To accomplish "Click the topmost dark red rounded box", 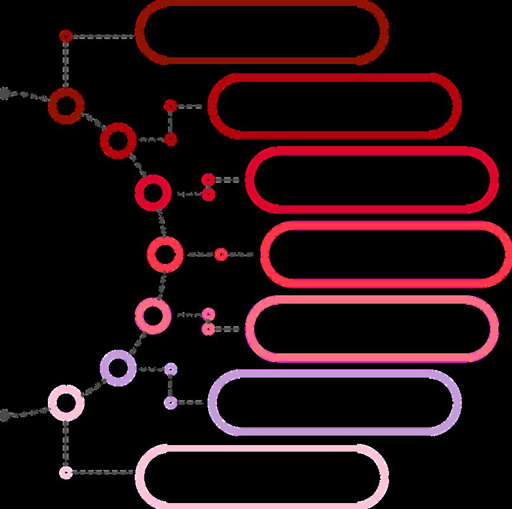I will [x=262, y=32].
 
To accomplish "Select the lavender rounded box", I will [x=335, y=402].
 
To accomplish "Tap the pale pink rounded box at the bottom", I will [x=262, y=476].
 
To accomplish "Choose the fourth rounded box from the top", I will [x=385, y=254].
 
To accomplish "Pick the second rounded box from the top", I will [x=335, y=107].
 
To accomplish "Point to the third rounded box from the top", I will [x=372, y=180].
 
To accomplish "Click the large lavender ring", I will [x=118, y=368].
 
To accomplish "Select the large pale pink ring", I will [x=66, y=402].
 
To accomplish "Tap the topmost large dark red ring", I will [x=66, y=105].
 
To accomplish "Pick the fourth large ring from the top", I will [x=161, y=254].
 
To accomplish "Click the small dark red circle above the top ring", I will [x=66, y=37].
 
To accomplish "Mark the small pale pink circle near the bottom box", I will [x=66, y=472].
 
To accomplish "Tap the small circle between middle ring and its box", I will [x=221, y=254].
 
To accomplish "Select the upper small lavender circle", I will [x=170, y=369].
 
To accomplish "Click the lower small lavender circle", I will [x=170, y=402].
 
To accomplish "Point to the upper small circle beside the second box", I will [x=170, y=106].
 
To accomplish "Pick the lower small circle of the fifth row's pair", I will [x=208, y=329].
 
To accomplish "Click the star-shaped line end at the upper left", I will [x=5, y=93].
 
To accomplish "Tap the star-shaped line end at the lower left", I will [x=5, y=415].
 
